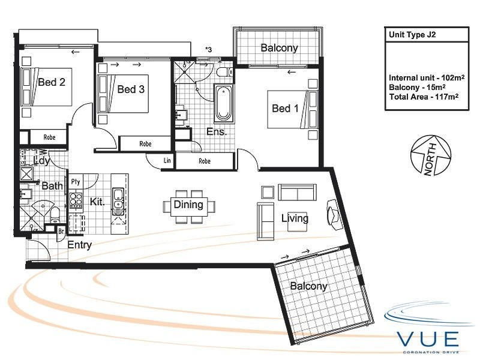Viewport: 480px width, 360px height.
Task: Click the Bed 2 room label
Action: tap(52, 82)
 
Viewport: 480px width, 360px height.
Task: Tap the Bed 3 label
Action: tap(131, 89)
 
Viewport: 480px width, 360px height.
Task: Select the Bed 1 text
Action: tap(285, 108)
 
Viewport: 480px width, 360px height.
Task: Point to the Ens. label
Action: tap(217, 131)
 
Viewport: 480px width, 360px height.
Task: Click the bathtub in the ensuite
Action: tap(223, 103)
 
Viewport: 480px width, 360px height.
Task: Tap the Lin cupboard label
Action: tap(167, 160)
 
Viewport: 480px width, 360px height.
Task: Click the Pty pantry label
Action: tap(76, 182)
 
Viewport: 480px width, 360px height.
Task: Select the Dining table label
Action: tap(188, 205)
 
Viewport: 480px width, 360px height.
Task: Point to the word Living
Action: tap(295, 218)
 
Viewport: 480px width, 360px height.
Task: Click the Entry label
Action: tap(80, 245)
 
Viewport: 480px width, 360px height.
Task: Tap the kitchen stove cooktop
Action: tap(76, 200)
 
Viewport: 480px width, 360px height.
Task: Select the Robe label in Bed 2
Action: tap(49, 137)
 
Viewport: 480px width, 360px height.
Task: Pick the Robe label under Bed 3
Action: tap(145, 143)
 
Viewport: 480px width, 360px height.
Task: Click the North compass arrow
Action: tap(431, 155)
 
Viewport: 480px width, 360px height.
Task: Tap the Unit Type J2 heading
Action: tap(412, 35)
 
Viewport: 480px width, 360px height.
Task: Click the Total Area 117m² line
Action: tap(424, 97)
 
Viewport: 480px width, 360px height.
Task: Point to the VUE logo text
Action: tap(428, 338)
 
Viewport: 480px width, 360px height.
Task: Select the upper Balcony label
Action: tap(279, 48)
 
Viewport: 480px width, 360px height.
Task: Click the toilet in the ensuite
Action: tap(224, 72)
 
